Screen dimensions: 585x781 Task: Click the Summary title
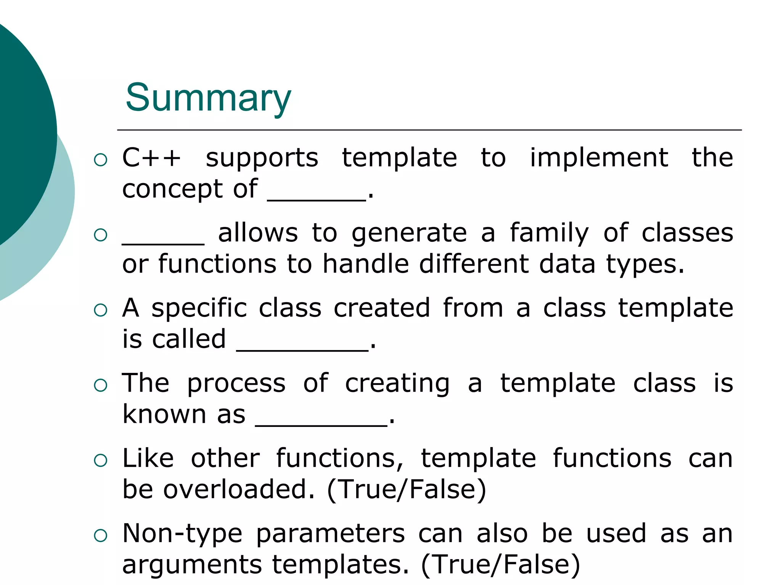pyautogui.click(x=208, y=98)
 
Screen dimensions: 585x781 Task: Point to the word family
pyautogui.click(x=549, y=233)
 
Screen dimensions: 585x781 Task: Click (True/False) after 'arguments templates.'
pyautogui.click(x=500, y=564)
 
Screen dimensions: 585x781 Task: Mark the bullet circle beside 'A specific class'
pyautogui.click(x=101, y=310)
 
